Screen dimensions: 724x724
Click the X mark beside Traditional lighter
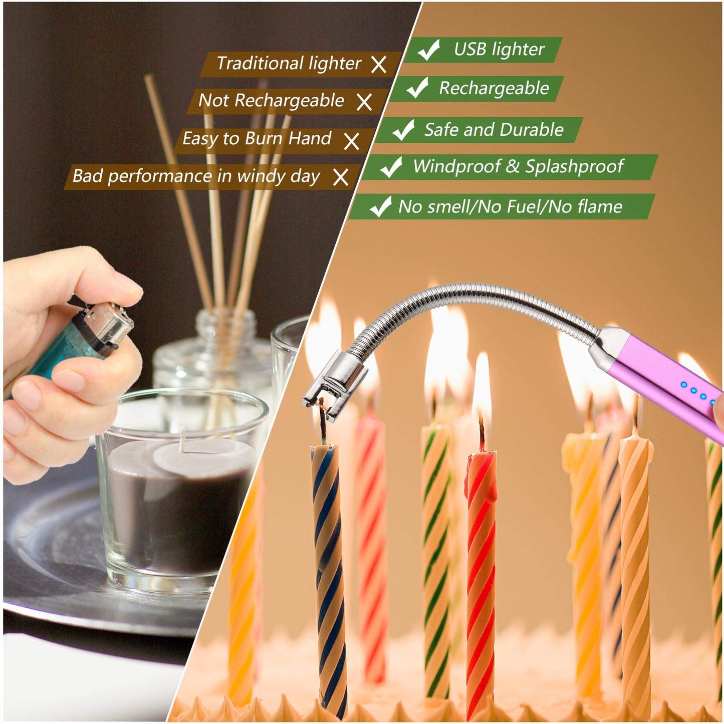[379, 65]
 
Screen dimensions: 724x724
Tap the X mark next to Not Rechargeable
[364, 102]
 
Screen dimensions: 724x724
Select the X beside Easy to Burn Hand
[352, 141]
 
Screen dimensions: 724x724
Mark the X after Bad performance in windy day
[341, 177]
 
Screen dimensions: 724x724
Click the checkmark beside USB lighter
[429, 50]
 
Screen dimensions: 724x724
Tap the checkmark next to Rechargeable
[417, 88]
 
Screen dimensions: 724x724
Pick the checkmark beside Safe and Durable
[403, 130]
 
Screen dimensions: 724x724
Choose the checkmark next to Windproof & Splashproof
[391, 166]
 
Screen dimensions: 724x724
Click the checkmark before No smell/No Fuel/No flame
[380, 206]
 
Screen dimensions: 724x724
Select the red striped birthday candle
[481, 576]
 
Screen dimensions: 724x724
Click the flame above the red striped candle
[482, 386]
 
